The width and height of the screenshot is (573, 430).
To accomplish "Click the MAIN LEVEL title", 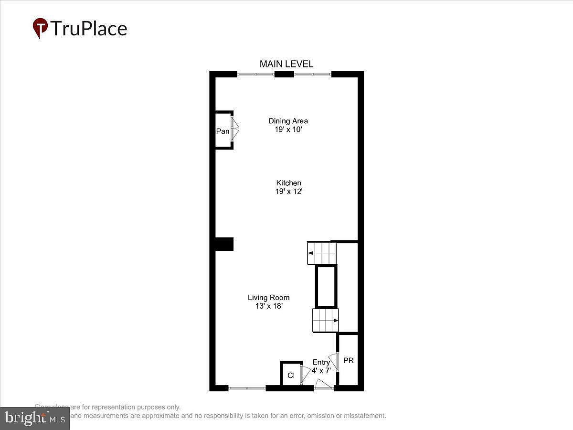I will pos(286,64).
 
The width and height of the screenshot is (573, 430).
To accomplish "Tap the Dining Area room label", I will pos(288,121).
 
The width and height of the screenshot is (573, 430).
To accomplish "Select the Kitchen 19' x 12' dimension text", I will pos(288,192).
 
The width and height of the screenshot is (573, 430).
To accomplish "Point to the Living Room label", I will pos(268,298).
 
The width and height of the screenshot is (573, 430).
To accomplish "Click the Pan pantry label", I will pos(223,131).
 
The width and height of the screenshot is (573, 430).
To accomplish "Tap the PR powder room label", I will pos(349,360).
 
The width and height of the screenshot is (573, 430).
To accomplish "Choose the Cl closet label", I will pos(291,376).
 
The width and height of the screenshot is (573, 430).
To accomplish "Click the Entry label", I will pos(321,362).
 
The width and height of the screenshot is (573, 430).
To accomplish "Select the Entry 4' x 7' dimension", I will pos(321,370).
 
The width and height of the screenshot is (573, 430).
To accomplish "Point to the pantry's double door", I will pos(234,129).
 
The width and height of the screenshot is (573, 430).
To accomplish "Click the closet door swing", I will pos(305,374).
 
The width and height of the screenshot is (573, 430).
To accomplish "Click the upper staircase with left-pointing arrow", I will pos(321,253).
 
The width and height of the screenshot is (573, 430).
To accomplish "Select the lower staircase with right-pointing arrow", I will pos(325,320).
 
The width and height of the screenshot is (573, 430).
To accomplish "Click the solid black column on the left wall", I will pos(223,244).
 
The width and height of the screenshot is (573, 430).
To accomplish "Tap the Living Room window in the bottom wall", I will pos(247,388).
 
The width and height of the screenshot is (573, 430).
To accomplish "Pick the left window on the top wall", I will pos(256,74).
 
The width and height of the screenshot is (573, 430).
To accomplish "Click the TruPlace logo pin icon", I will pos(40,28).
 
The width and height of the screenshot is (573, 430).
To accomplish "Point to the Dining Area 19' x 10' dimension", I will pos(288,129).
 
